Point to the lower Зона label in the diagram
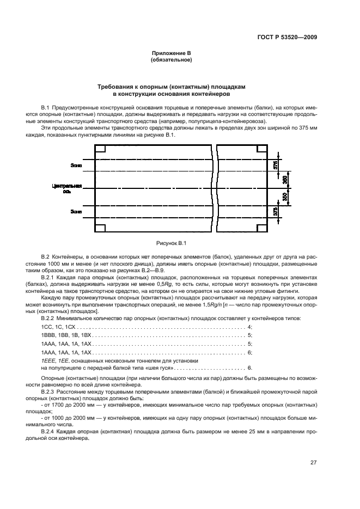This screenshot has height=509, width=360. click(x=76, y=210)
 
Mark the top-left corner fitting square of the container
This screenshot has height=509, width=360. click(x=101, y=148)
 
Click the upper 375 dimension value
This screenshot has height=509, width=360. click(x=276, y=164)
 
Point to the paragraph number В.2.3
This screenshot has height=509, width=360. click(x=49, y=391)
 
